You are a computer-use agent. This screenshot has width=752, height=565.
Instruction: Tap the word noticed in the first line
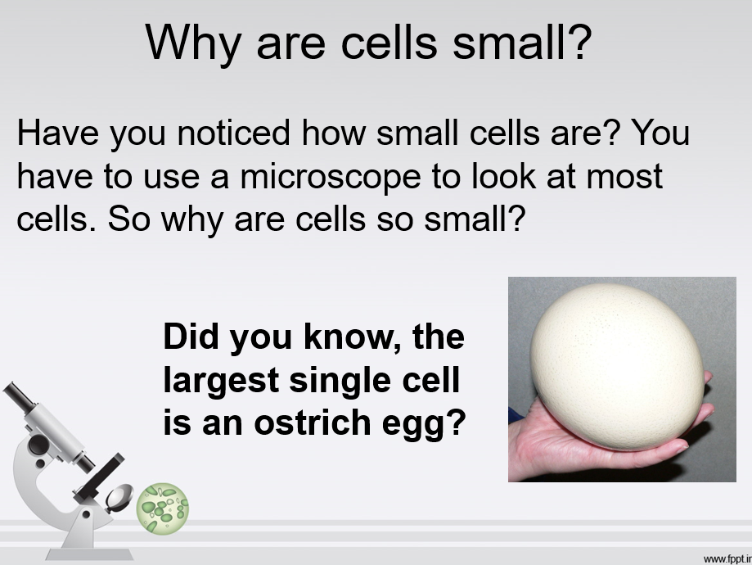click(x=233, y=133)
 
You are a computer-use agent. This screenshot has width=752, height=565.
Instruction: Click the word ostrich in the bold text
click(x=313, y=423)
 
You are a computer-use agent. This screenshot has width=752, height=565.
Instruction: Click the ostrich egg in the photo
click(x=617, y=366)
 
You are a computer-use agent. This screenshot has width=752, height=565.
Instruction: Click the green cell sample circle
click(x=162, y=508)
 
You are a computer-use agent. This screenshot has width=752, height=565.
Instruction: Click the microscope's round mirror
click(x=119, y=497)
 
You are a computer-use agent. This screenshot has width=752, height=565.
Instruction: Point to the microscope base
click(x=90, y=554)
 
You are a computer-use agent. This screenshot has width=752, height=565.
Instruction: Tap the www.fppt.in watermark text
click(x=727, y=558)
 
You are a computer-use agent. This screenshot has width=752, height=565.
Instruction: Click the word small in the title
click(x=522, y=43)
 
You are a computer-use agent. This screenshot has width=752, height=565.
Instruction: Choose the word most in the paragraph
click(x=624, y=177)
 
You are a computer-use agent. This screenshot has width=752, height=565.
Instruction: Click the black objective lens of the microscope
click(x=85, y=463)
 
